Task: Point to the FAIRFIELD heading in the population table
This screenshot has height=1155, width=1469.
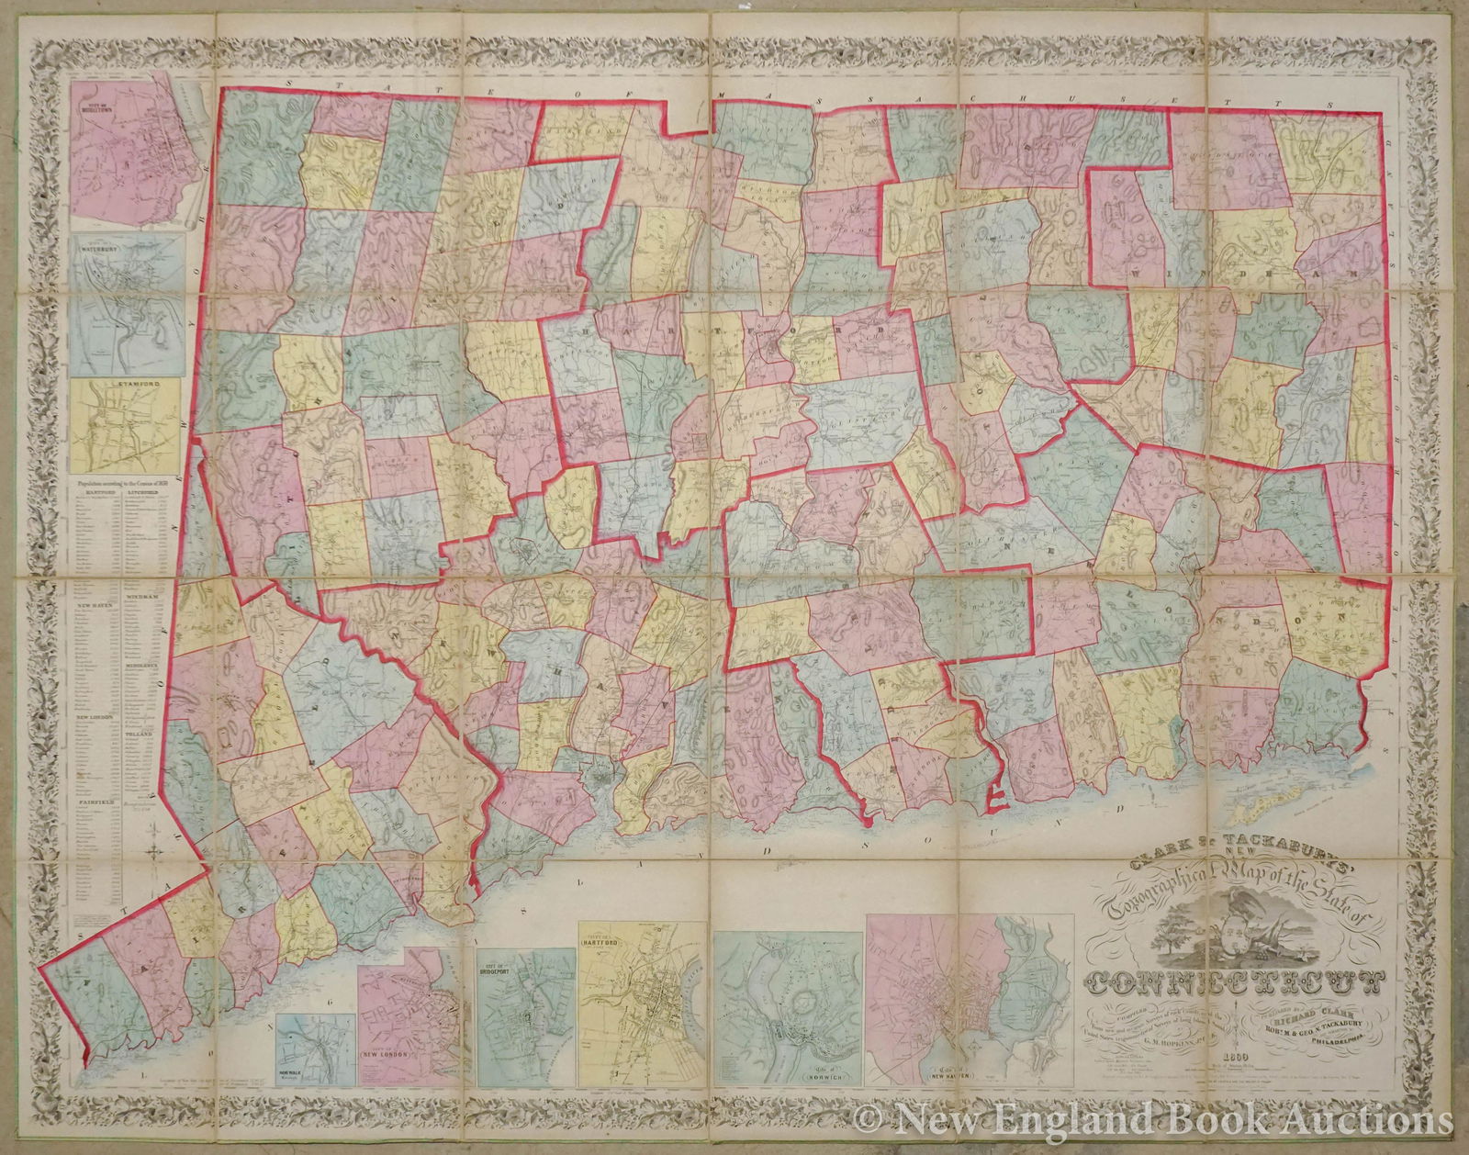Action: pyautogui.click(x=93, y=801)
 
